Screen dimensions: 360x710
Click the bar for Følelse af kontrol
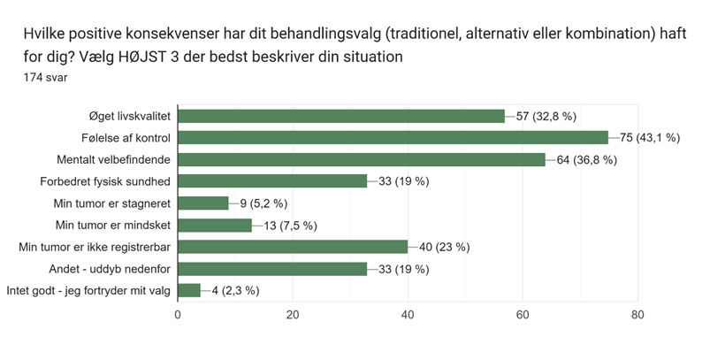click(393, 137)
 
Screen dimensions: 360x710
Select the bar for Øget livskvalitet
click(341, 116)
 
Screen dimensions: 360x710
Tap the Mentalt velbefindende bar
click(362, 159)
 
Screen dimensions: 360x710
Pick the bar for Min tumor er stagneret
click(203, 203)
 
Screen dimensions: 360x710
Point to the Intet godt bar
click(189, 289)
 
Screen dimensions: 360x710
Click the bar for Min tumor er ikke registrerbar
click(293, 246)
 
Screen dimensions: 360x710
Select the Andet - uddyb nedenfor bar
click(272, 268)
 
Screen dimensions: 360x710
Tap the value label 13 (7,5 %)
click(290, 225)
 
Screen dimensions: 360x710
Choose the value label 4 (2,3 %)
click(235, 289)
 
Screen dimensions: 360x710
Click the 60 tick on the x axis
click(523, 314)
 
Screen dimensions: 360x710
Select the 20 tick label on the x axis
click(293, 314)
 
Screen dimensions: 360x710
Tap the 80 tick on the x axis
click(637, 314)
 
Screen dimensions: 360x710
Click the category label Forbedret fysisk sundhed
click(105, 181)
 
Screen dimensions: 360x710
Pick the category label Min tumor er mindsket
click(112, 225)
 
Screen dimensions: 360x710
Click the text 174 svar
click(46, 77)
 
